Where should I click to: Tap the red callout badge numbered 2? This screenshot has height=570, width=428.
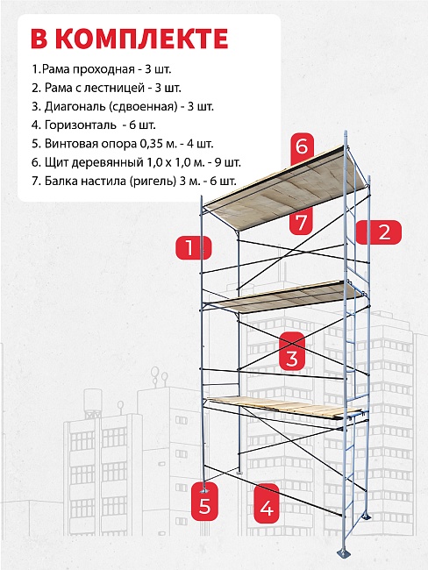coord(379,232)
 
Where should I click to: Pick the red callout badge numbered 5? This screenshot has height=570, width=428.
coord(204,502)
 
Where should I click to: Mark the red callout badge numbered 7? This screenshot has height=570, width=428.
coord(301,221)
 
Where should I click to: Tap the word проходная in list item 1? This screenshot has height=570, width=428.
coord(103,69)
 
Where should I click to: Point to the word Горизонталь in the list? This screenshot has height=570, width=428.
coord(80,125)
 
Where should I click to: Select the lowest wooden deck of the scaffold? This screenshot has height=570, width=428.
coord(283,408)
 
